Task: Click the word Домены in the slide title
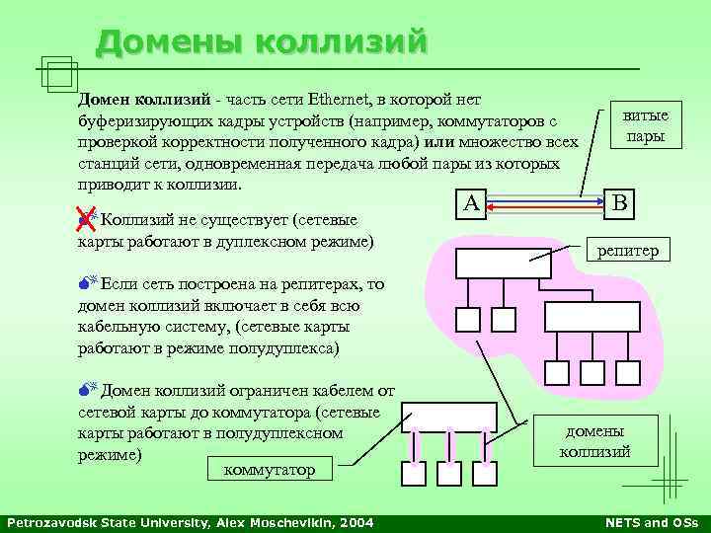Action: tap(169, 41)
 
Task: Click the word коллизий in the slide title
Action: tap(341, 41)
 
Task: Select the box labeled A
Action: tap(471, 203)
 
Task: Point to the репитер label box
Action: tap(628, 251)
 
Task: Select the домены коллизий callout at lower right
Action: tap(594, 440)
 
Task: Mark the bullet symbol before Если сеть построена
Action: tap(86, 285)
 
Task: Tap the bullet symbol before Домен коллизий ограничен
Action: tap(86, 391)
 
